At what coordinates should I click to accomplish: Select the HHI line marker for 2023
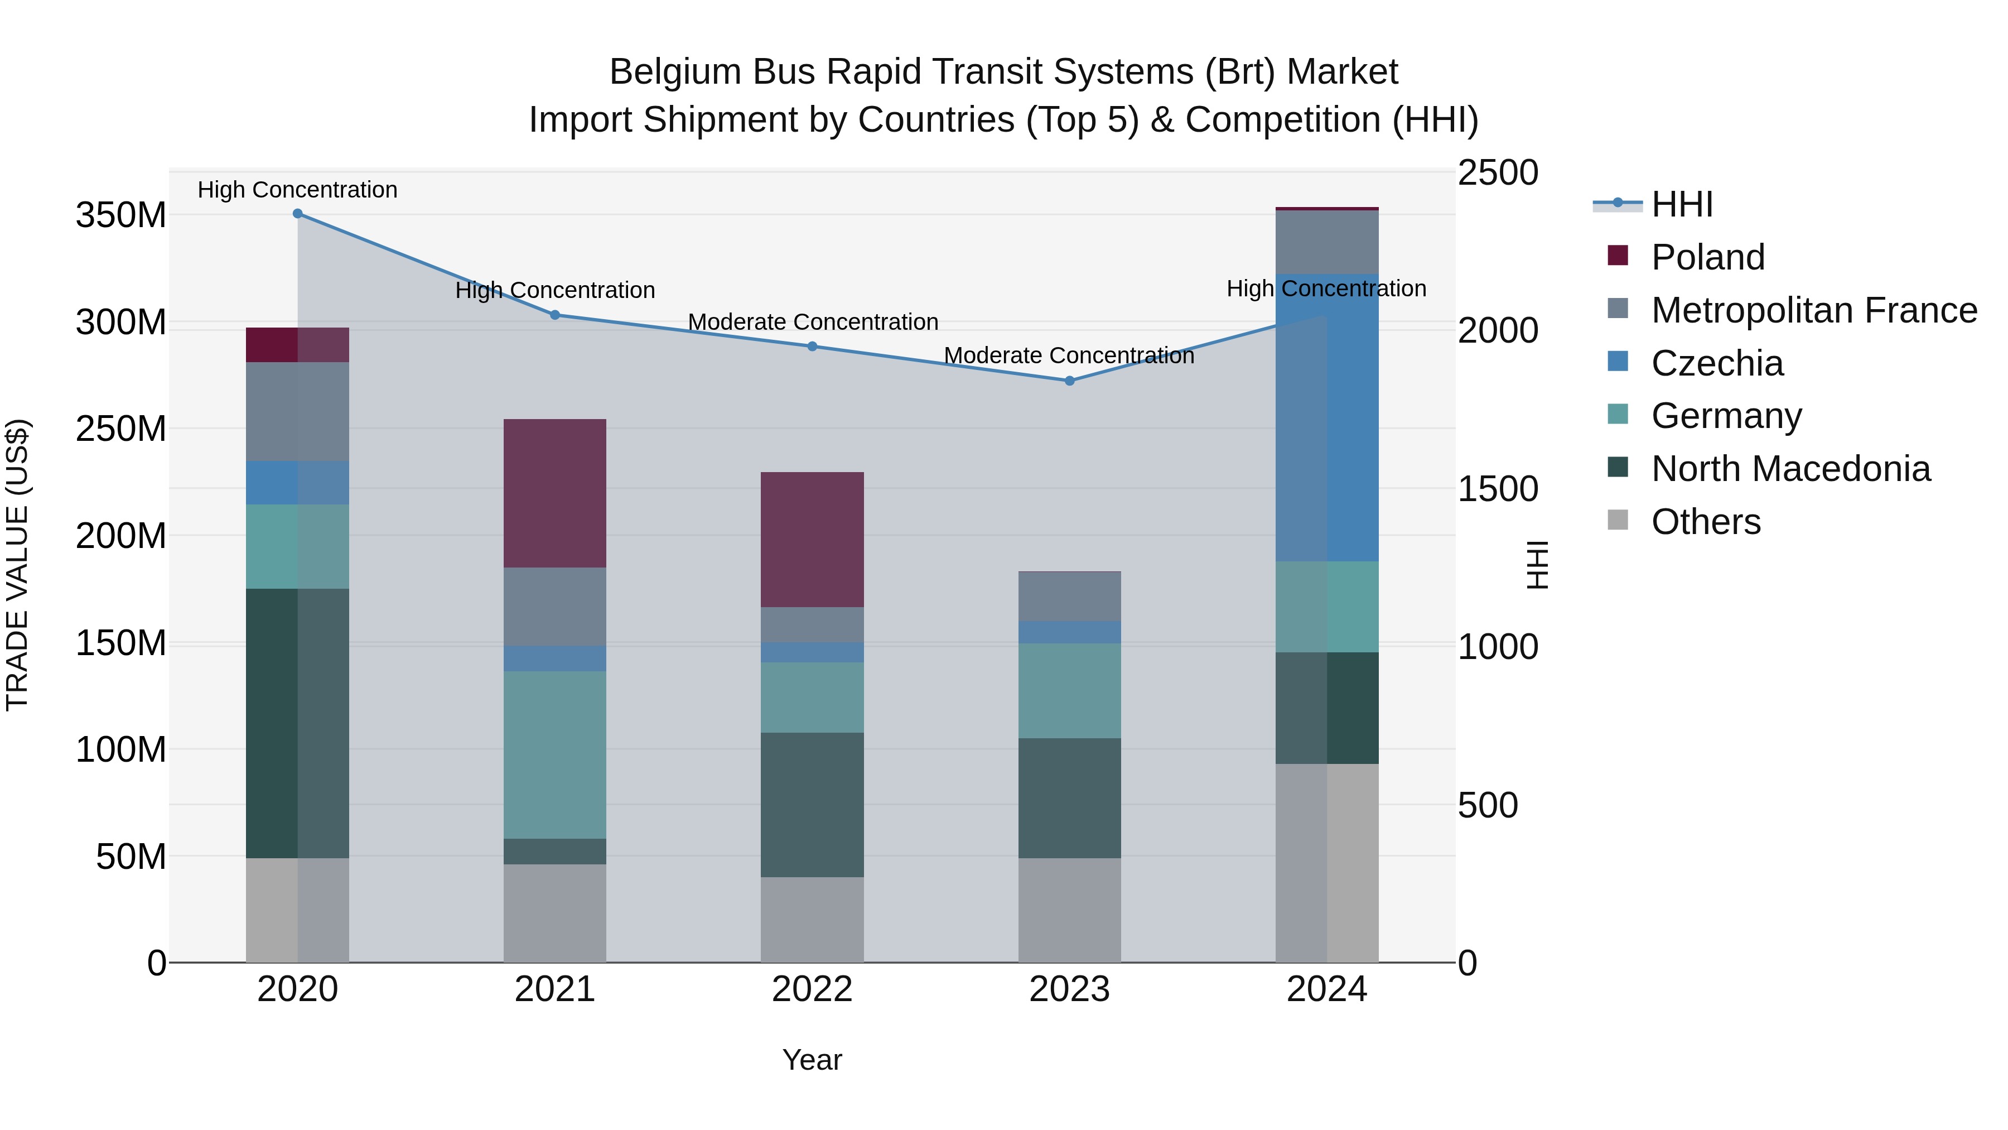pyautogui.click(x=1069, y=381)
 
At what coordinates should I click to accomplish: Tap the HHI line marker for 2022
pyautogui.click(x=812, y=346)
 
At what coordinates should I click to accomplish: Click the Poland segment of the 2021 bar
pyautogui.click(x=554, y=493)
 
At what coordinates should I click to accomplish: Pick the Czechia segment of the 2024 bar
pyautogui.click(x=1327, y=417)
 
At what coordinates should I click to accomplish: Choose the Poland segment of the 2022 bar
pyautogui.click(x=812, y=539)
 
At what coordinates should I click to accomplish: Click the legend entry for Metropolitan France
pyautogui.click(x=1813, y=310)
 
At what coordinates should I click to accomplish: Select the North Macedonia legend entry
pyautogui.click(x=1790, y=469)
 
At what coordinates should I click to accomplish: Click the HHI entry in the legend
pyautogui.click(x=1681, y=204)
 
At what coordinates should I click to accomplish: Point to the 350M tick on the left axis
pyautogui.click(x=121, y=215)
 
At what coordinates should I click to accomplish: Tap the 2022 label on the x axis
pyautogui.click(x=812, y=989)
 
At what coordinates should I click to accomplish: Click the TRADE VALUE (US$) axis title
pyautogui.click(x=17, y=565)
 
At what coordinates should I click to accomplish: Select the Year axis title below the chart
pyautogui.click(x=812, y=1060)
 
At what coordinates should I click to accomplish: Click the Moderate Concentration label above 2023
pyautogui.click(x=1069, y=355)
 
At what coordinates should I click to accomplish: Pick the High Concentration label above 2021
pyautogui.click(x=554, y=290)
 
